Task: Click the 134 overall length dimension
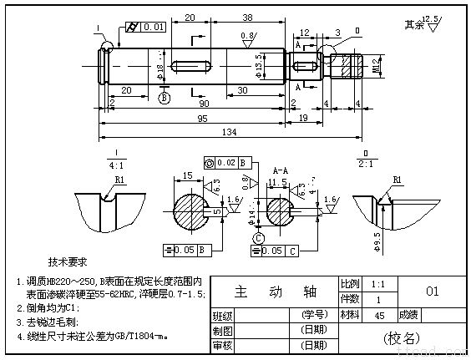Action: click(x=229, y=132)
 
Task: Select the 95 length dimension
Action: click(x=202, y=118)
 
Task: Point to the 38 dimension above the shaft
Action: click(x=225, y=17)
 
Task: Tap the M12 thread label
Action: click(x=376, y=64)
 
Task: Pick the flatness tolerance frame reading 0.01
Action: click(x=151, y=28)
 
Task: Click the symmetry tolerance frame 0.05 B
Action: click(x=185, y=249)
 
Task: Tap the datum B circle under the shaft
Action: click(x=164, y=98)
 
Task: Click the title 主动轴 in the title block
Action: click(x=274, y=292)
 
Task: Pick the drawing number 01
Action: click(x=432, y=292)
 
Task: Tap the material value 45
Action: click(x=379, y=315)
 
